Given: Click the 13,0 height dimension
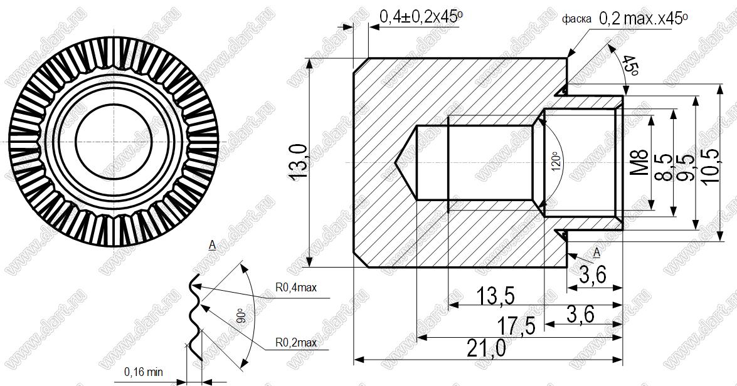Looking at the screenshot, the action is [x=299, y=162].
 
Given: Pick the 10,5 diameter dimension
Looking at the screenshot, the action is [x=710, y=167].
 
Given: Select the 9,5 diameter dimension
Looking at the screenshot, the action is [x=686, y=167].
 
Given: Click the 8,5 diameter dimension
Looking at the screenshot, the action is [x=664, y=167].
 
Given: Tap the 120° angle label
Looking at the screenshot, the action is [x=556, y=162].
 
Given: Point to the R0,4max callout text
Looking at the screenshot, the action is [x=296, y=287].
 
